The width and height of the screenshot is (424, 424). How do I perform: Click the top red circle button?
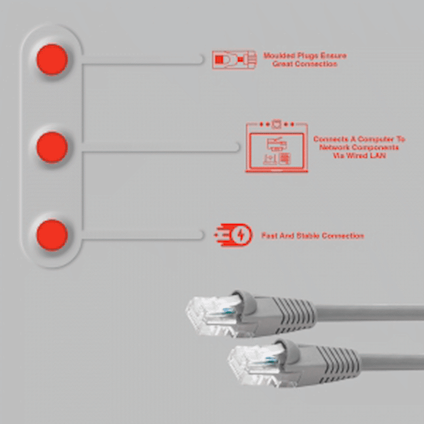pos(52,59)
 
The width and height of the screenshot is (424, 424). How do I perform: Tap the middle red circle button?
pos(52,147)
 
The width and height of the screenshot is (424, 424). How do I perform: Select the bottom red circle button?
pos(52,235)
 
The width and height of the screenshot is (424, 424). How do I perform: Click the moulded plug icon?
pos(233,59)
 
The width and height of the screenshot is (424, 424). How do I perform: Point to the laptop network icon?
pos(276,148)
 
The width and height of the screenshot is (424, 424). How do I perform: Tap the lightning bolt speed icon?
pos(234,235)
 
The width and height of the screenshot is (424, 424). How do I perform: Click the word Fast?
pos(269,235)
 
